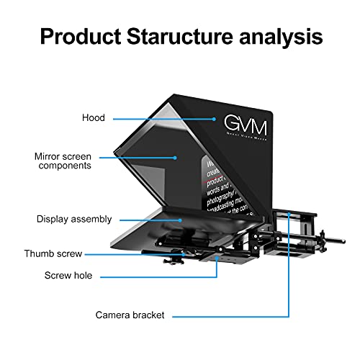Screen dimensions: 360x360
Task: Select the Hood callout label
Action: coord(93,117)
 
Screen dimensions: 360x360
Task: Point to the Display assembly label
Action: coord(75,218)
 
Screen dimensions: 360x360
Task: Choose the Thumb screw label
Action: coord(53,253)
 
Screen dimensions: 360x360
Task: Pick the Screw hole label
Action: coord(68,275)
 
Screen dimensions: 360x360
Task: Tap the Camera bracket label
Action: coord(130,315)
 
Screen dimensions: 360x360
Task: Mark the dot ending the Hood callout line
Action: coord(215,118)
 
